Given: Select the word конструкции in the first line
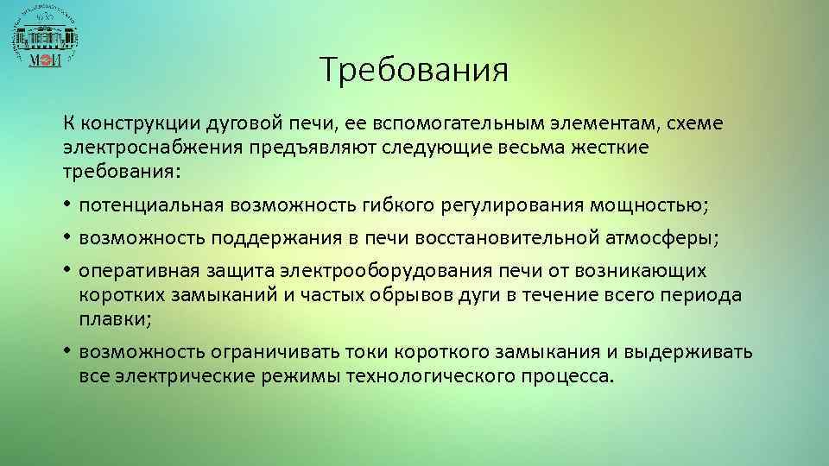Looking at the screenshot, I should pos(135,124).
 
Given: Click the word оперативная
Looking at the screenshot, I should pos(130,271).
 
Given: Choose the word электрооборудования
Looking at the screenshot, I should pos(371,271).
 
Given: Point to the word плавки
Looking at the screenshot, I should pos(111,318).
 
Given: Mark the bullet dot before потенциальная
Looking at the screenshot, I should pos(66,206).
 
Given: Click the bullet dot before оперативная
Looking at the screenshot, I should pos(66,271).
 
